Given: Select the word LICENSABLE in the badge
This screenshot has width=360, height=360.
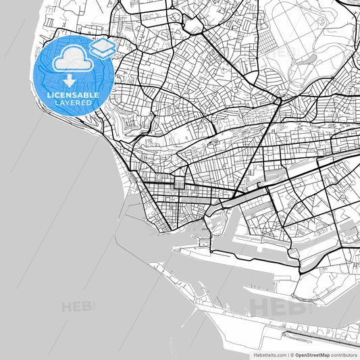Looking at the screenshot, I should (72, 95).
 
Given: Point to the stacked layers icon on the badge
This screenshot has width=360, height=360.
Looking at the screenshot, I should (103, 47).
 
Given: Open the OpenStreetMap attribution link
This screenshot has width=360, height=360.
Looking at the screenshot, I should (309, 354).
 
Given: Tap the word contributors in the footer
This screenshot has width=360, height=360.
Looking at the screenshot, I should (344, 354).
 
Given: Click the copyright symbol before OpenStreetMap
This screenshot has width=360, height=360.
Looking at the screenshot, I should (292, 354).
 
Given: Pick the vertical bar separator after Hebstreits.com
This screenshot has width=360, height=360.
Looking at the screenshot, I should (287, 354).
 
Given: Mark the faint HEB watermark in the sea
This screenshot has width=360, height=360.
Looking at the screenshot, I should (78, 307).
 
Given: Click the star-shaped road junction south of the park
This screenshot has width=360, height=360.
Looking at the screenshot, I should (278, 101).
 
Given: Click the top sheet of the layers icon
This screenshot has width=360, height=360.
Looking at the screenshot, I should (103, 44).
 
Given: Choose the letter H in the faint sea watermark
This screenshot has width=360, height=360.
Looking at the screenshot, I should (66, 307).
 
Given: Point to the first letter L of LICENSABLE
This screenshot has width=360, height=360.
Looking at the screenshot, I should (49, 95).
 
